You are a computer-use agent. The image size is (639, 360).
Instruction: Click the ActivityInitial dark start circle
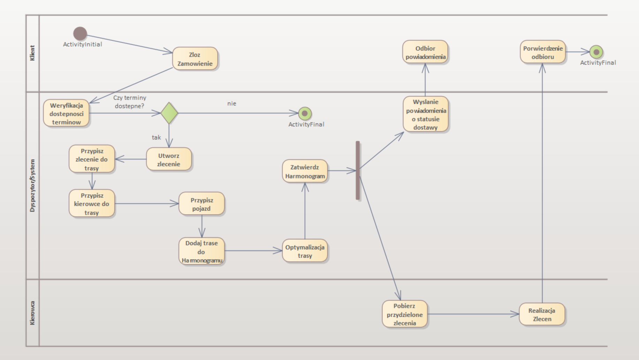click(80, 33)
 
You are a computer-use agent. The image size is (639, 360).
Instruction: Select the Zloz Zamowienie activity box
click(195, 59)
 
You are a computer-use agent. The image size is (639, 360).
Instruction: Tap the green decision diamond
click(169, 113)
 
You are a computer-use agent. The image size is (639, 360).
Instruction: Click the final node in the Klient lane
click(596, 52)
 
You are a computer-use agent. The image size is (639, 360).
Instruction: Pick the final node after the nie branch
click(305, 113)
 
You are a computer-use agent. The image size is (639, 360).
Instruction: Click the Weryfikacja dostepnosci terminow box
click(66, 113)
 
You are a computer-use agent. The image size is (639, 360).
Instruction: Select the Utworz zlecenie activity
click(169, 159)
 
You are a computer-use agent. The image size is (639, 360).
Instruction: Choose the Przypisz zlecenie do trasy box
click(92, 159)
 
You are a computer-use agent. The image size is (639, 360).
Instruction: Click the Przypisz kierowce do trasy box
click(92, 204)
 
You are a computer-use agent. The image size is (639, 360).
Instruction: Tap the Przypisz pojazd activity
click(201, 204)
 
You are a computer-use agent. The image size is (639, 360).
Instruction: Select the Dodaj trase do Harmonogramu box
click(201, 251)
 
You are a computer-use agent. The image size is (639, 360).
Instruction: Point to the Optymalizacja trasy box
click(305, 251)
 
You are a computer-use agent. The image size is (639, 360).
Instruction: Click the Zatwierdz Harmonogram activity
click(305, 171)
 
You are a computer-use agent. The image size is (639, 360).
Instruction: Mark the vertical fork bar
click(358, 170)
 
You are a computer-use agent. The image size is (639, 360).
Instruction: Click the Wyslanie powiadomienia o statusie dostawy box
click(425, 114)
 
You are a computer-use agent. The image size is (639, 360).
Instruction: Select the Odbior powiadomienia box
click(425, 52)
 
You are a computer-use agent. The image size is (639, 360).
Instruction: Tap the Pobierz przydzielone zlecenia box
click(404, 314)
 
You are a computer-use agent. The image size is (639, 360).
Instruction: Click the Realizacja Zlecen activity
click(542, 314)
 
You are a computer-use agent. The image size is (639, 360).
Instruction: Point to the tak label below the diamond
click(156, 137)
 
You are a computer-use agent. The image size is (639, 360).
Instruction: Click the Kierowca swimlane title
click(32, 313)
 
